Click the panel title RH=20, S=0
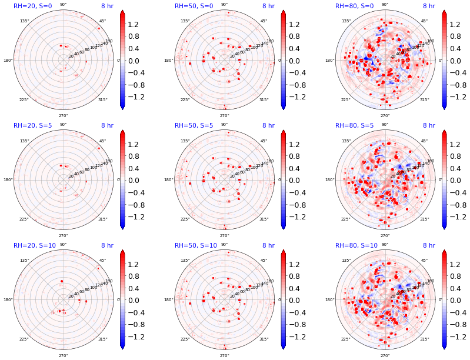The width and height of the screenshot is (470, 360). point(32,6)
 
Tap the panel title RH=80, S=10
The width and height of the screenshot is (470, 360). point(356,246)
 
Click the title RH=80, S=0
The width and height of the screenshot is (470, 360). point(354,6)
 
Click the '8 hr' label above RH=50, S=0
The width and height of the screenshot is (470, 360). point(268,6)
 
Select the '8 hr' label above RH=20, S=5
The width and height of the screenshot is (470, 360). point(107,126)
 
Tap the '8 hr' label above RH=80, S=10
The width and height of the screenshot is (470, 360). point(429,246)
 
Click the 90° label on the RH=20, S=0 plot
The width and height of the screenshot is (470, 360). point(64,5)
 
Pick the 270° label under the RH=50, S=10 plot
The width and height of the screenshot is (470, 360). point(225,355)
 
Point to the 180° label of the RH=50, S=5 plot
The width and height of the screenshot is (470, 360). point(168,180)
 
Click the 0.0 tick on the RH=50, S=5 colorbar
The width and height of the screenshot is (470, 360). point(295,181)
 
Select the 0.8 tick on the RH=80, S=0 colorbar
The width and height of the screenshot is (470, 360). point(455,36)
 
